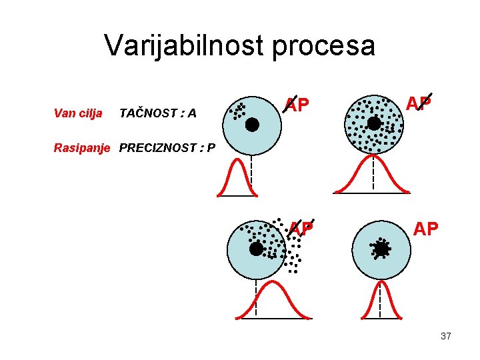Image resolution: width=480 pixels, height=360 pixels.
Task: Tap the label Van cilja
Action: [x=77, y=113]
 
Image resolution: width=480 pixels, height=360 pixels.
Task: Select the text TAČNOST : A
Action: [x=157, y=113]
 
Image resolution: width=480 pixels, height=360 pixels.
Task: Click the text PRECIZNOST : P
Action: [x=167, y=147]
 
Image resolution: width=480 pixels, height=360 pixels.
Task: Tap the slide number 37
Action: [x=445, y=336]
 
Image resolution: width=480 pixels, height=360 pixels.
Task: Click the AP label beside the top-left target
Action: [x=296, y=105]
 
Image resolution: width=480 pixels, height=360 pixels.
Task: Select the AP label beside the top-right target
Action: [x=419, y=103]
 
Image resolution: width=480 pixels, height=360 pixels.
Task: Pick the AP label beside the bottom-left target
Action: [x=301, y=229]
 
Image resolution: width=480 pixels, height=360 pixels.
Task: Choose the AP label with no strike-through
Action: [x=426, y=229]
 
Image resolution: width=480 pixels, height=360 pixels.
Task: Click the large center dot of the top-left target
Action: [x=252, y=124]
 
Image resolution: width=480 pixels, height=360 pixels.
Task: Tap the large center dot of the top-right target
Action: [x=375, y=124]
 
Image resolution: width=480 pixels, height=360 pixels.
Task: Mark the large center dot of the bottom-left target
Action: [x=256, y=249]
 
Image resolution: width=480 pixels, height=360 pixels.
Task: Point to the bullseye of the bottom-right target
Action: [x=381, y=249]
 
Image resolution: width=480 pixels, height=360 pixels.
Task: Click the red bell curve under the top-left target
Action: [x=237, y=179]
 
